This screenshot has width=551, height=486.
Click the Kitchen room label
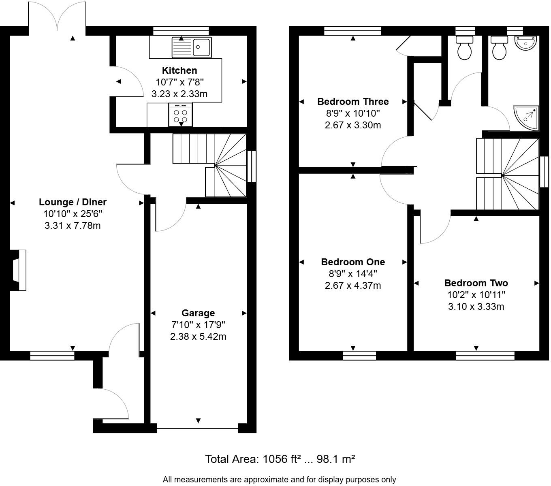(179, 70)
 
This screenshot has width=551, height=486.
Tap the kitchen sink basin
(201, 47)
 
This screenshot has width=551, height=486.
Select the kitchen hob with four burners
(180, 115)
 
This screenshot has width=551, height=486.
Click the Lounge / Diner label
(73, 202)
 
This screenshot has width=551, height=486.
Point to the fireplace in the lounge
(18, 270)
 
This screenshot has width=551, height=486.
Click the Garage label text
(198, 313)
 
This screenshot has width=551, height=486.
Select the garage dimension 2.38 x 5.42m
(198, 337)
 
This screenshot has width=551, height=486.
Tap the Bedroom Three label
(353, 101)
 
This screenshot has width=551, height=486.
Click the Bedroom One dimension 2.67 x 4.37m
(353, 285)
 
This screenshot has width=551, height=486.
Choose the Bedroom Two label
(476, 283)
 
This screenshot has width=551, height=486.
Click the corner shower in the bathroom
(526, 118)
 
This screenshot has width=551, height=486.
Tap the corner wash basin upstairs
(526, 43)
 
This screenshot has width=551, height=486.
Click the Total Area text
(280, 459)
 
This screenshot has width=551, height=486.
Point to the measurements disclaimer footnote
(279, 480)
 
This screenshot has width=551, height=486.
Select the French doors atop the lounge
(57, 16)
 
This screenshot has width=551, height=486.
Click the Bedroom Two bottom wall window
(485, 356)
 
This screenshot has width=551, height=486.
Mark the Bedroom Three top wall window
(352, 31)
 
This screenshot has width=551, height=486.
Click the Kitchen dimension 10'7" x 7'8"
(179, 82)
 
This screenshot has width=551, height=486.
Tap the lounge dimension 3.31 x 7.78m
(73, 226)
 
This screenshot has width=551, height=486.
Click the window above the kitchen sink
(181, 31)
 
